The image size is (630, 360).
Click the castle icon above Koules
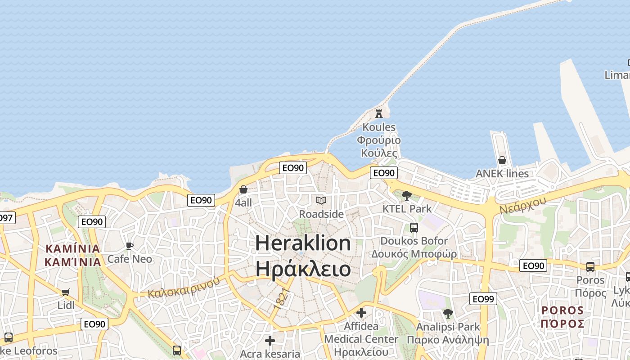click(x=379, y=113)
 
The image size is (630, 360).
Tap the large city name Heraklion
click(x=303, y=243)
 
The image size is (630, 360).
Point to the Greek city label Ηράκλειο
click(x=303, y=269)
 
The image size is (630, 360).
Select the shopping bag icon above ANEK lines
click(x=502, y=161)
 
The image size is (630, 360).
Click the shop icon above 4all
click(x=243, y=190)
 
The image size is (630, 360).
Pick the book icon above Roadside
click(x=321, y=201)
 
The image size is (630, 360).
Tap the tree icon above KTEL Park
click(x=407, y=196)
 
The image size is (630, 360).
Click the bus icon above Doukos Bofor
click(x=414, y=228)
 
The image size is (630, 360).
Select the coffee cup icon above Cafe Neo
click(x=130, y=246)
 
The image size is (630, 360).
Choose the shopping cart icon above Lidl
click(x=66, y=292)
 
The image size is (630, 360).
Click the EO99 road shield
click(x=483, y=298)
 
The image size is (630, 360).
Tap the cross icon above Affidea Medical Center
click(x=361, y=312)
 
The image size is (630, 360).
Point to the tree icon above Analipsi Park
click(x=448, y=313)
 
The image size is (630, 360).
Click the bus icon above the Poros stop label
click(x=590, y=267)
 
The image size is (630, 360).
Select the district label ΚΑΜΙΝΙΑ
click(x=72, y=248)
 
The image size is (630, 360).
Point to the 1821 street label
click(x=280, y=298)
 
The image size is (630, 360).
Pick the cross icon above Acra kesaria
click(x=270, y=341)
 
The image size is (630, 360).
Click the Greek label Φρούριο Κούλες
click(x=379, y=146)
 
